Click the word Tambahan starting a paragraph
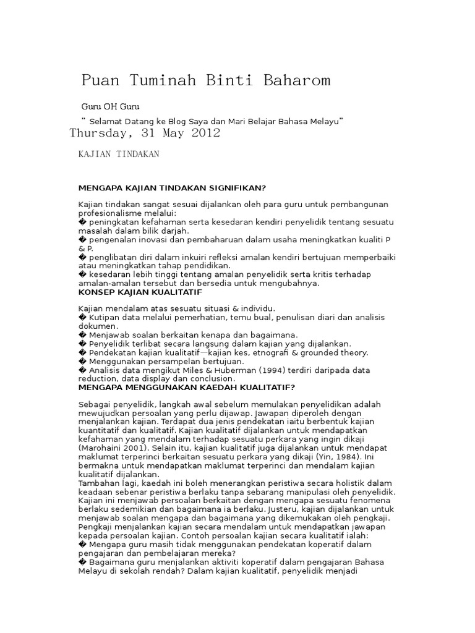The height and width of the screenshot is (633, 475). (x=99, y=483)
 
